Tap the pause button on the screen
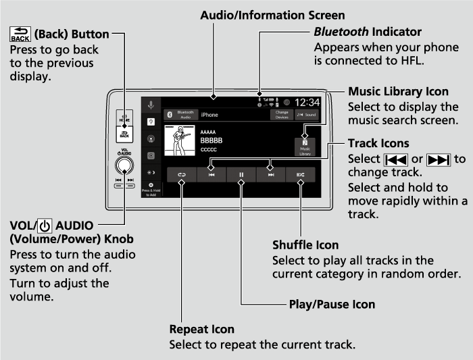click(x=241, y=174)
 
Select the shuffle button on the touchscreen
click(x=300, y=174)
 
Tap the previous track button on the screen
click(x=211, y=174)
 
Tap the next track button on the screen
click(x=270, y=174)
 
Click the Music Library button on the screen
click(x=304, y=146)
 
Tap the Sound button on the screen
click(x=307, y=115)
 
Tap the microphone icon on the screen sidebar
click(x=151, y=105)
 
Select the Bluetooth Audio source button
click(x=180, y=115)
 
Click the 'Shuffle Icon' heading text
click(x=305, y=245)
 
